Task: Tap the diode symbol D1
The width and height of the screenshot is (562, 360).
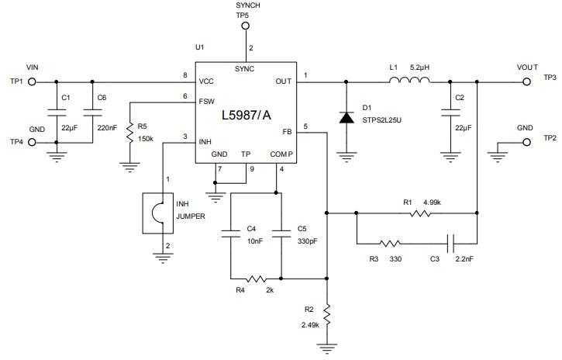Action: [345, 118]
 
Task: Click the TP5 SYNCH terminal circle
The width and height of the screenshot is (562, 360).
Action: [245, 25]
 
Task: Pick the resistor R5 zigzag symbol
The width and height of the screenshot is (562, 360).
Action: [130, 131]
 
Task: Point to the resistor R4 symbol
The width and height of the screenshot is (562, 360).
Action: [256, 277]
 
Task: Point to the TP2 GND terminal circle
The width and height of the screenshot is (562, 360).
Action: [526, 141]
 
